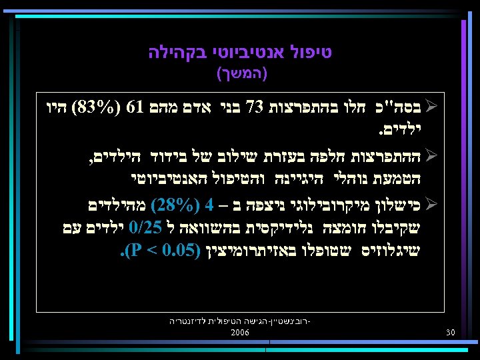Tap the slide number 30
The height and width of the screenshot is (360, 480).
[x=450, y=332]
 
